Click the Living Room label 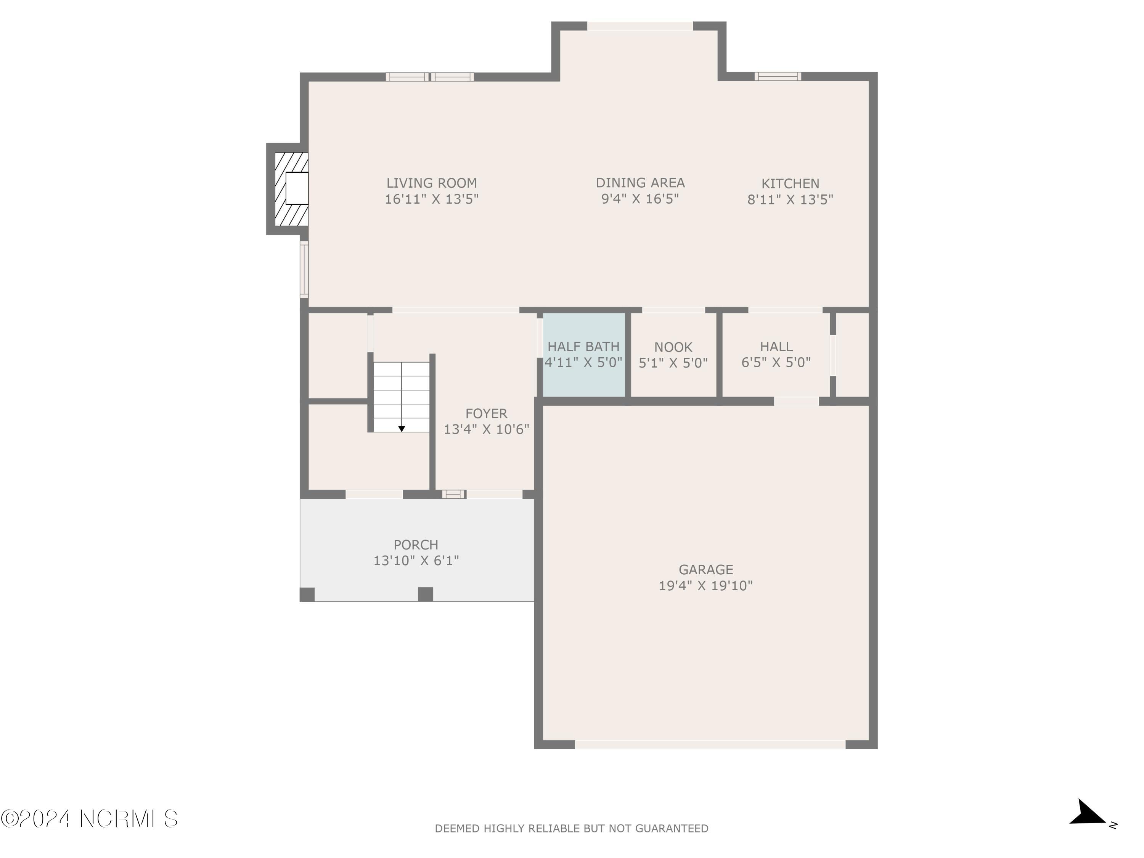(x=431, y=183)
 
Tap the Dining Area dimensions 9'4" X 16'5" (x=640, y=199)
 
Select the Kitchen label (x=790, y=183)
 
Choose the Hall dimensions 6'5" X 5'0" (x=776, y=363)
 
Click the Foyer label (x=486, y=413)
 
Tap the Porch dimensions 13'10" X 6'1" (x=416, y=561)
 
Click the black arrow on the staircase (x=401, y=429)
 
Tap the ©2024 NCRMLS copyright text (x=89, y=819)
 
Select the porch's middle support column (x=425, y=594)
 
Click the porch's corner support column (x=307, y=594)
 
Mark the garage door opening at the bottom (x=710, y=745)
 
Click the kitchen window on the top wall (x=777, y=77)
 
